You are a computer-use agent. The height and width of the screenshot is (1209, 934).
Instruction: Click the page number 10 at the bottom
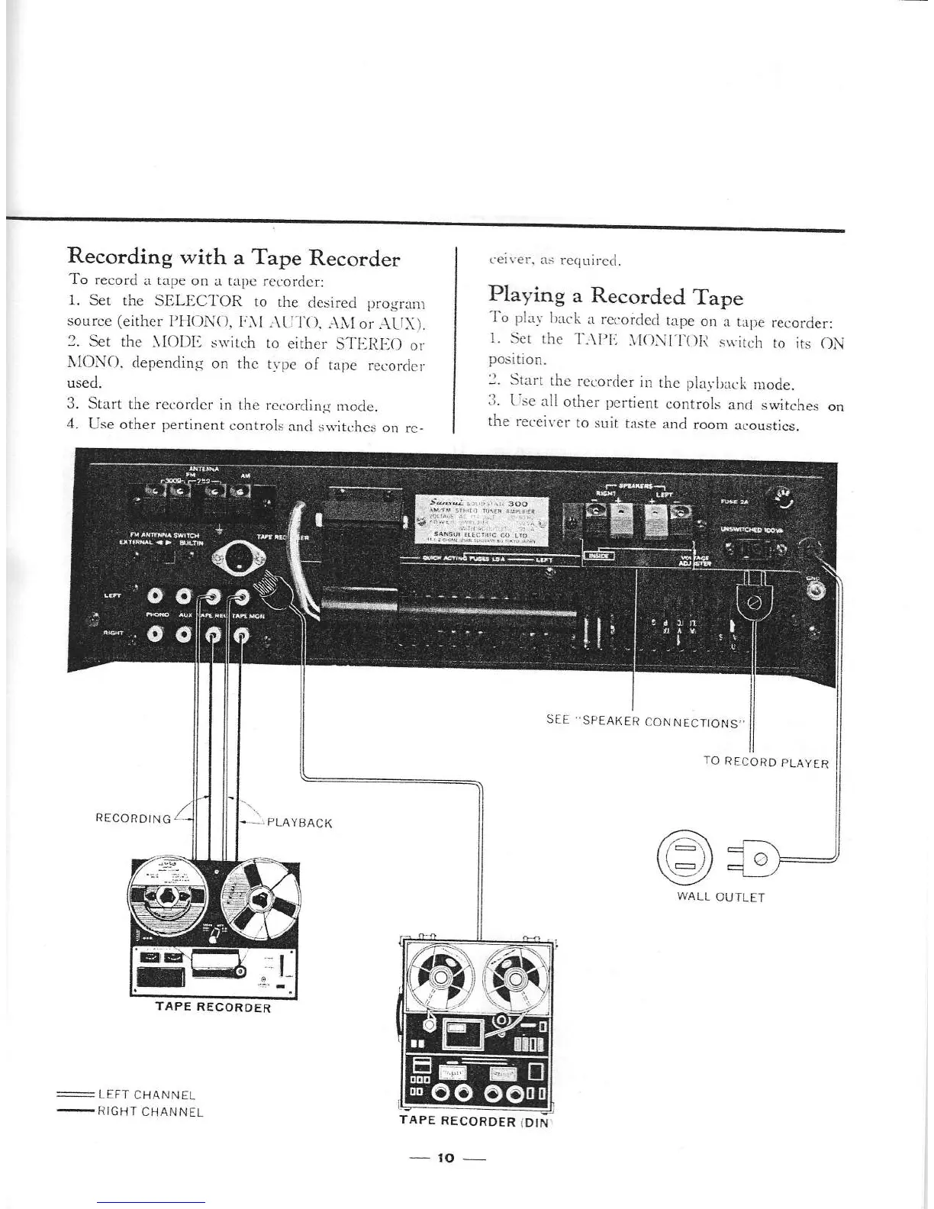(446, 1158)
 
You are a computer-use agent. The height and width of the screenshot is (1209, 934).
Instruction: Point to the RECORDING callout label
(133, 819)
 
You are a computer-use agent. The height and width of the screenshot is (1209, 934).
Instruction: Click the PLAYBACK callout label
(300, 823)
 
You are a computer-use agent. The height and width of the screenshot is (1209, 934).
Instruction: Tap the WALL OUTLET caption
(720, 897)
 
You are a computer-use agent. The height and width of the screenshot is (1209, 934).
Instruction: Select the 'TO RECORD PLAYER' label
(765, 762)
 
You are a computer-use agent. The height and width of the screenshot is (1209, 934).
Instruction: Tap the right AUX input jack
(183, 633)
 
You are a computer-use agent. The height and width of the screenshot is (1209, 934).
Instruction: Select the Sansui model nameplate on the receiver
(479, 518)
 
